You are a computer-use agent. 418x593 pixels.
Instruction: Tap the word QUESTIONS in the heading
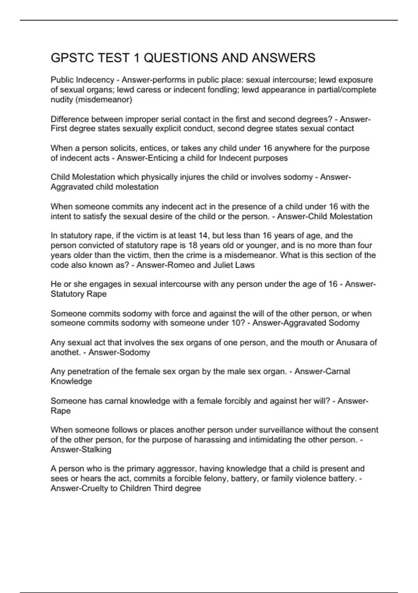pyautogui.click(x=180, y=58)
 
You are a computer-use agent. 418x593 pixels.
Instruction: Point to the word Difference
pyautogui.click(x=70, y=119)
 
